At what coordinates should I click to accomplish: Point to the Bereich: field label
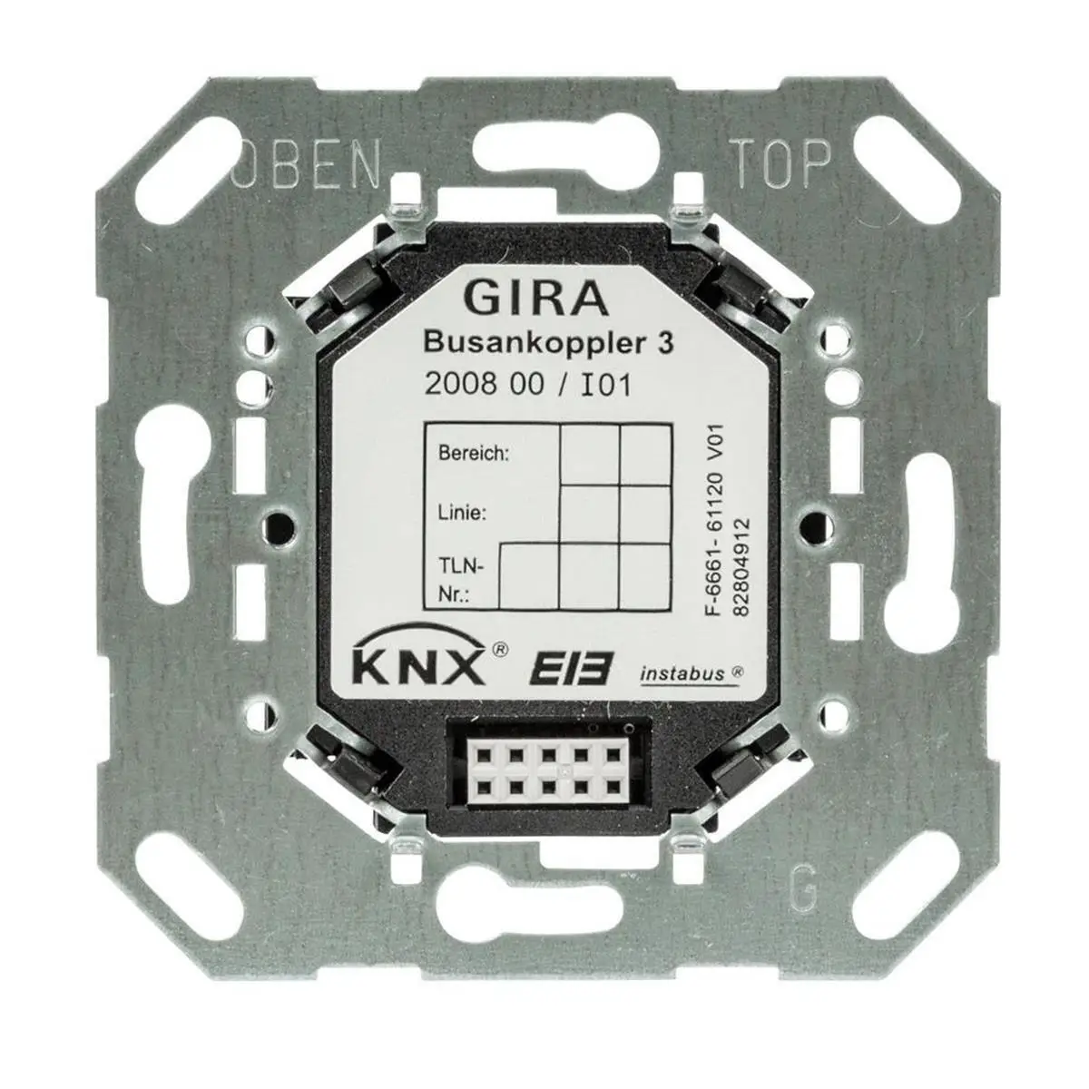coord(473,452)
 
